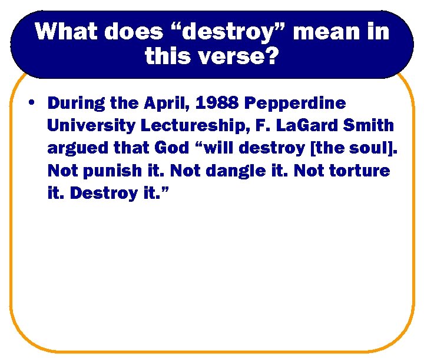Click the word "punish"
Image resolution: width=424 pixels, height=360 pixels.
coord(111,171)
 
